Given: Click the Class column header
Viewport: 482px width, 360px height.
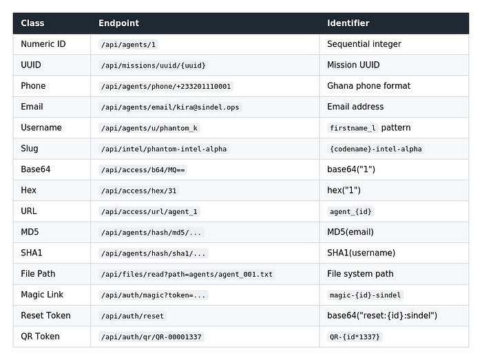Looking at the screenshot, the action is [32, 23].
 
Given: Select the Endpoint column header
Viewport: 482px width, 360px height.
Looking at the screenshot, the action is [118, 23].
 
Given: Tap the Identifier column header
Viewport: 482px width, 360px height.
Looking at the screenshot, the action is [348, 23].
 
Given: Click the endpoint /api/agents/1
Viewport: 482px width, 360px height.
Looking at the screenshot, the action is [129, 45].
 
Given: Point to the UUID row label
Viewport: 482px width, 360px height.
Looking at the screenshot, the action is [31, 65].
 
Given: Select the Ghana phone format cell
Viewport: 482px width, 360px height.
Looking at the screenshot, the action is [368, 86].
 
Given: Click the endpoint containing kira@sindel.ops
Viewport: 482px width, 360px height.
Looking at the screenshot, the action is [170, 107].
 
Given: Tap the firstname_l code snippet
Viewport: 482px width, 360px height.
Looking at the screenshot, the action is [353, 128].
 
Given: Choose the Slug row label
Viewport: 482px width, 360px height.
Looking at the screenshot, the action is [30, 149].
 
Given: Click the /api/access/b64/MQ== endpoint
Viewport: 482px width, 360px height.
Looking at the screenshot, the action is [143, 170].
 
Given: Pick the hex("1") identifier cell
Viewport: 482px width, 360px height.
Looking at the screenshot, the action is [344, 191].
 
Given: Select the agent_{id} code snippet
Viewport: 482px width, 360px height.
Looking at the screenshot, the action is [350, 211].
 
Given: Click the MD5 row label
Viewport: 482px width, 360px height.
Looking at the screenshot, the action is [30, 232].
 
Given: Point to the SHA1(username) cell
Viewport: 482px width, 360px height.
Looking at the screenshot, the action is [361, 253].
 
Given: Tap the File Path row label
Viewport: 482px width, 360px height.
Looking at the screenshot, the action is [38, 274].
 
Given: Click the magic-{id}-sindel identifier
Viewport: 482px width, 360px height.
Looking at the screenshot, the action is [365, 295].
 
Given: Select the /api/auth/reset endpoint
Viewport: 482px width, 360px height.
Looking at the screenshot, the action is [132, 316].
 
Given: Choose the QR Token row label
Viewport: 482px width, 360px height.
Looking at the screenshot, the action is [40, 337].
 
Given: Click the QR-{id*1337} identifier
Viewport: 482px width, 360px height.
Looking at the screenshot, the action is [355, 337].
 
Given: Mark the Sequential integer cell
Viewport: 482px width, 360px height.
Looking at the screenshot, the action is [364, 44].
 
